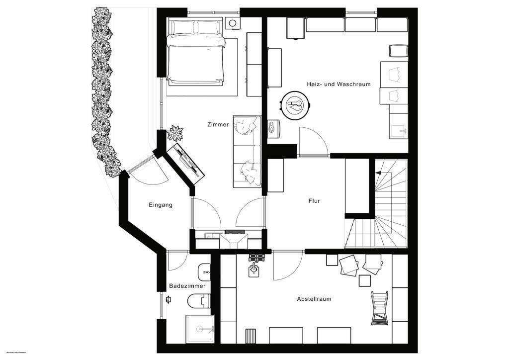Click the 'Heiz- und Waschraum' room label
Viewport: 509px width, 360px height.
click(x=345, y=85)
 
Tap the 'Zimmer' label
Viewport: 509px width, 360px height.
click(x=218, y=125)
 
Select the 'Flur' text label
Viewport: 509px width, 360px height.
click(x=314, y=201)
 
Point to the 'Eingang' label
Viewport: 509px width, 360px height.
click(x=161, y=205)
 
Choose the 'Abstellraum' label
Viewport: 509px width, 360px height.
click(x=314, y=299)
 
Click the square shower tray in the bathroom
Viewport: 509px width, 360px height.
click(x=199, y=329)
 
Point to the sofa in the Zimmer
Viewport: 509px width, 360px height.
click(x=247, y=151)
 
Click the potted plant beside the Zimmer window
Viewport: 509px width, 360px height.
click(x=175, y=133)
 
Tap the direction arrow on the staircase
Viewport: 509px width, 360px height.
click(x=379, y=173)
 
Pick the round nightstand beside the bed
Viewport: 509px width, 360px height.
click(x=232, y=23)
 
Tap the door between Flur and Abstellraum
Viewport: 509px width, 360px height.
click(x=287, y=264)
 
